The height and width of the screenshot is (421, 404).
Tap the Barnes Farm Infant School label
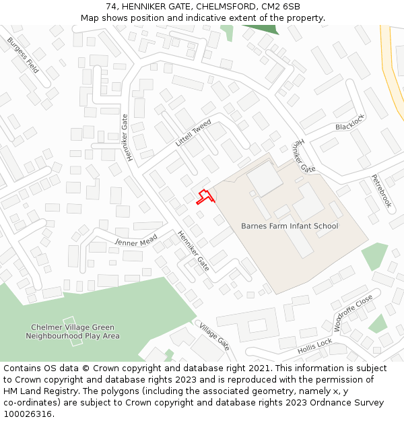290,226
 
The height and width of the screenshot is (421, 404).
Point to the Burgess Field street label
23,55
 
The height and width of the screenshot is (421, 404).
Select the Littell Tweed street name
193,133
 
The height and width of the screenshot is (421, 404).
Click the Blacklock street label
349,123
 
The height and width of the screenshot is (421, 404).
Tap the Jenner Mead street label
136,240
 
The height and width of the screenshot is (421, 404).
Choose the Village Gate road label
214,336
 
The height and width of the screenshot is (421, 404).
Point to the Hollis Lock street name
315,347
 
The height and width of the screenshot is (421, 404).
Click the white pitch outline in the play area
73,331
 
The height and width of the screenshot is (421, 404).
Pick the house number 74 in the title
111,7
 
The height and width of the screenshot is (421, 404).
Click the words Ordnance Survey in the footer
347,403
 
